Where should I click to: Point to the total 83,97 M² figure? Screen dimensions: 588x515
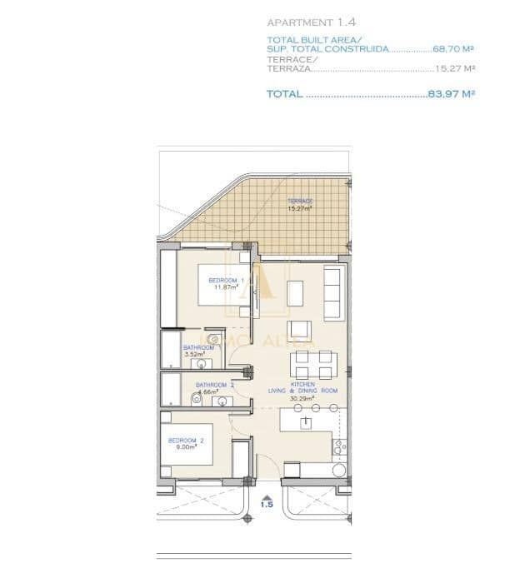coord(451,94)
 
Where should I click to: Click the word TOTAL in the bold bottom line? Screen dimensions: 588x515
coord(284,94)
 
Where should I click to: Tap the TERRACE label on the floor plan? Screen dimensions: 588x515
coord(300,202)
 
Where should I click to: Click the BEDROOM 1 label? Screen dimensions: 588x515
coord(224,280)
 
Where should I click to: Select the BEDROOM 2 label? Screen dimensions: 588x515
coord(186,440)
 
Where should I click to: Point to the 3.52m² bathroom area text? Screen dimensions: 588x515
coord(194,354)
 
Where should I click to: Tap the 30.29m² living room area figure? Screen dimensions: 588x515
coord(302,398)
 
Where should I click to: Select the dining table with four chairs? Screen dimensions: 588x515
coord(313,365)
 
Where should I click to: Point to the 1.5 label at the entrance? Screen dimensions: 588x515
coord(267,504)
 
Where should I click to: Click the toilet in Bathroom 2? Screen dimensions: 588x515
coord(196,400)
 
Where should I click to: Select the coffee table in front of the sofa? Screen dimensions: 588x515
coord(296,292)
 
